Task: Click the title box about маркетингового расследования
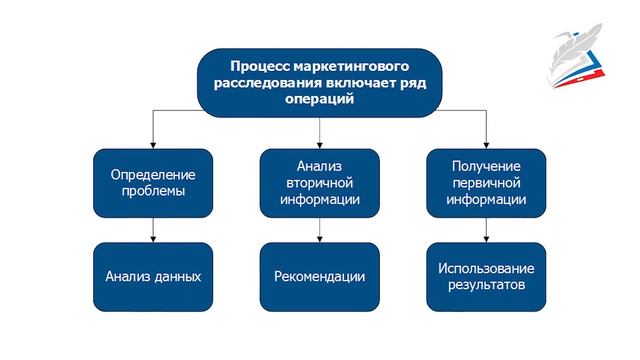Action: [x=319, y=81]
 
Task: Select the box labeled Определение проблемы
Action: [x=153, y=183]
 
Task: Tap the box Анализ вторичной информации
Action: [x=319, y=183]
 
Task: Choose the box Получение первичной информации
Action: [x=487, y=183]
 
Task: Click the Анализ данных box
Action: [x=153, y=276]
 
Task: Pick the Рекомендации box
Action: [x=319, y=276]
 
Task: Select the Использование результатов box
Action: [x=487, y=276]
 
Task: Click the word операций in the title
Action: [x=319, y=100]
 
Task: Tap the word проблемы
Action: [x=153, y=192]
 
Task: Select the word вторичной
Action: [x=319, y=183]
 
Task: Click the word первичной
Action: [x=487, y=183]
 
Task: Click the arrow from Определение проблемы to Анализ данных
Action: [x=153, y=230]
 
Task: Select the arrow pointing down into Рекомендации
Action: [x=319, y=230]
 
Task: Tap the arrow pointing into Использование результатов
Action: [x=487, y=230]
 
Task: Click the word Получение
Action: [x=487, y=165]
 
